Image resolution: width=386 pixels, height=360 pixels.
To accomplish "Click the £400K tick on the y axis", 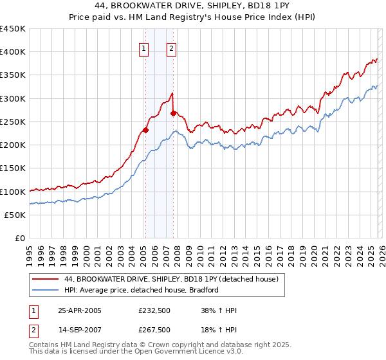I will [12, 52].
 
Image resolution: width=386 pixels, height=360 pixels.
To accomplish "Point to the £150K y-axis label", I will [12, 168].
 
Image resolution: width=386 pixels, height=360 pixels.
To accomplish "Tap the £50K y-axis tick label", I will [15, 215].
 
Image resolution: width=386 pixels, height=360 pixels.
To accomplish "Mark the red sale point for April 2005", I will [145, 130].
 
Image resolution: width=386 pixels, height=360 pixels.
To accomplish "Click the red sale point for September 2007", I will [173, 114].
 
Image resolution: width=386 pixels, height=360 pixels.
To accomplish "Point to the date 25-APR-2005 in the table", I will [80, 310].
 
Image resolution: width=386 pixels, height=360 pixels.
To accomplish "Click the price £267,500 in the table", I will [154, 330].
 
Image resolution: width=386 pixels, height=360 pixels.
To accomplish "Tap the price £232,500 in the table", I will [154, 310].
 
